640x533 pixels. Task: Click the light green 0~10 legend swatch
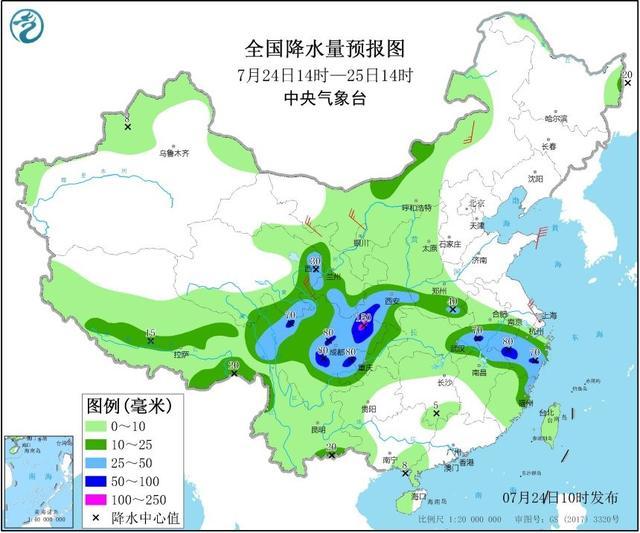[x=104, y=425]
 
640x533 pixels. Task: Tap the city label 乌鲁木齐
[x=173, y=153]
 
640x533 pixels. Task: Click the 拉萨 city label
[x=180, y=354]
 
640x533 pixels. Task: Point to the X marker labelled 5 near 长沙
[x=435, y=413]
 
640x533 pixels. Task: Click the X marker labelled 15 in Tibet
[x=151, y=341]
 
